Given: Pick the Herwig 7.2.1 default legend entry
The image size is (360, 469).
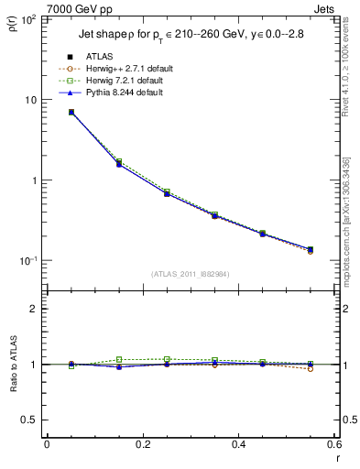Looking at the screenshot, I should (119, 80).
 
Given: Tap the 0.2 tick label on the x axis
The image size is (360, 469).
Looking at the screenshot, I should (142, 445).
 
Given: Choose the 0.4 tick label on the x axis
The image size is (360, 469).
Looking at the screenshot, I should (238, 445).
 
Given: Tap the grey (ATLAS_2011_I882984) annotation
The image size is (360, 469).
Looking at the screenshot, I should (190, 274).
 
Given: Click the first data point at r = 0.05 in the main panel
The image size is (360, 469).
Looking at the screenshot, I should (71, 112).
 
